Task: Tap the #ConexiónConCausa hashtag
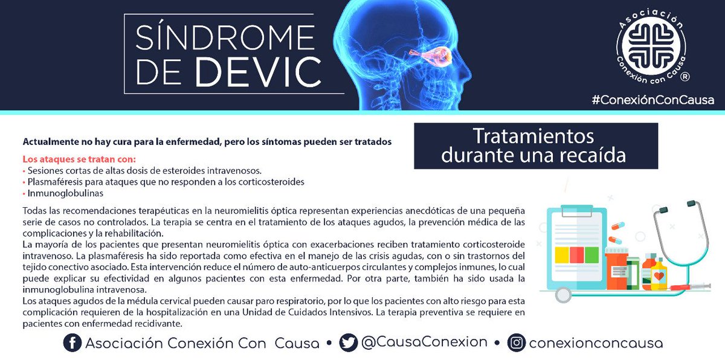point(652,100)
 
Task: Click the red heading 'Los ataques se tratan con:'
point(79,160)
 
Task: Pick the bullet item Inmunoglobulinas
point(65,193)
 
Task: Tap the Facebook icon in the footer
point(72,343)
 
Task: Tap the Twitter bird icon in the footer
point(349,342)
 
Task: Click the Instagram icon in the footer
point(515,342)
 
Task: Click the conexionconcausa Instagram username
point(596,343)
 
